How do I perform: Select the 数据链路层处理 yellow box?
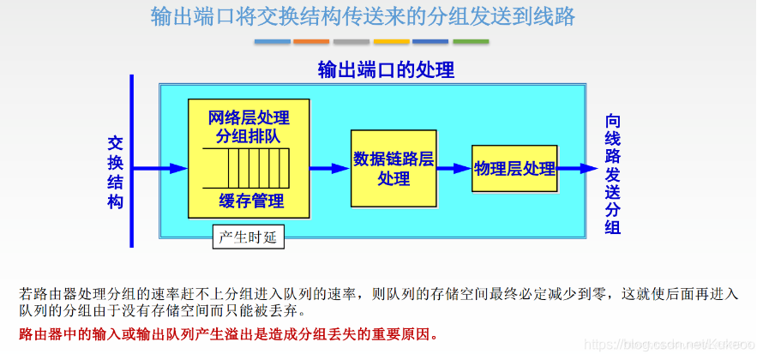coord(394,169)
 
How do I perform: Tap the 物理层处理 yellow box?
coord(515,169)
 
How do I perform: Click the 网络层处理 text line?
coord(249,117)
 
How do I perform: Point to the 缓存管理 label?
coord(250,201)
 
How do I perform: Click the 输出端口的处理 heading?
coord(386,70)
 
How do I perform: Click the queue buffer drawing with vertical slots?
coord(249,168)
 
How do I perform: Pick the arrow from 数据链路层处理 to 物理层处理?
coord(454,169)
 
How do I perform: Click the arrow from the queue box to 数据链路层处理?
coord(330,169)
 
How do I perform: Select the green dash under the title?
coord(471,41)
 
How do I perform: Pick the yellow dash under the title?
coord(391,41)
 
